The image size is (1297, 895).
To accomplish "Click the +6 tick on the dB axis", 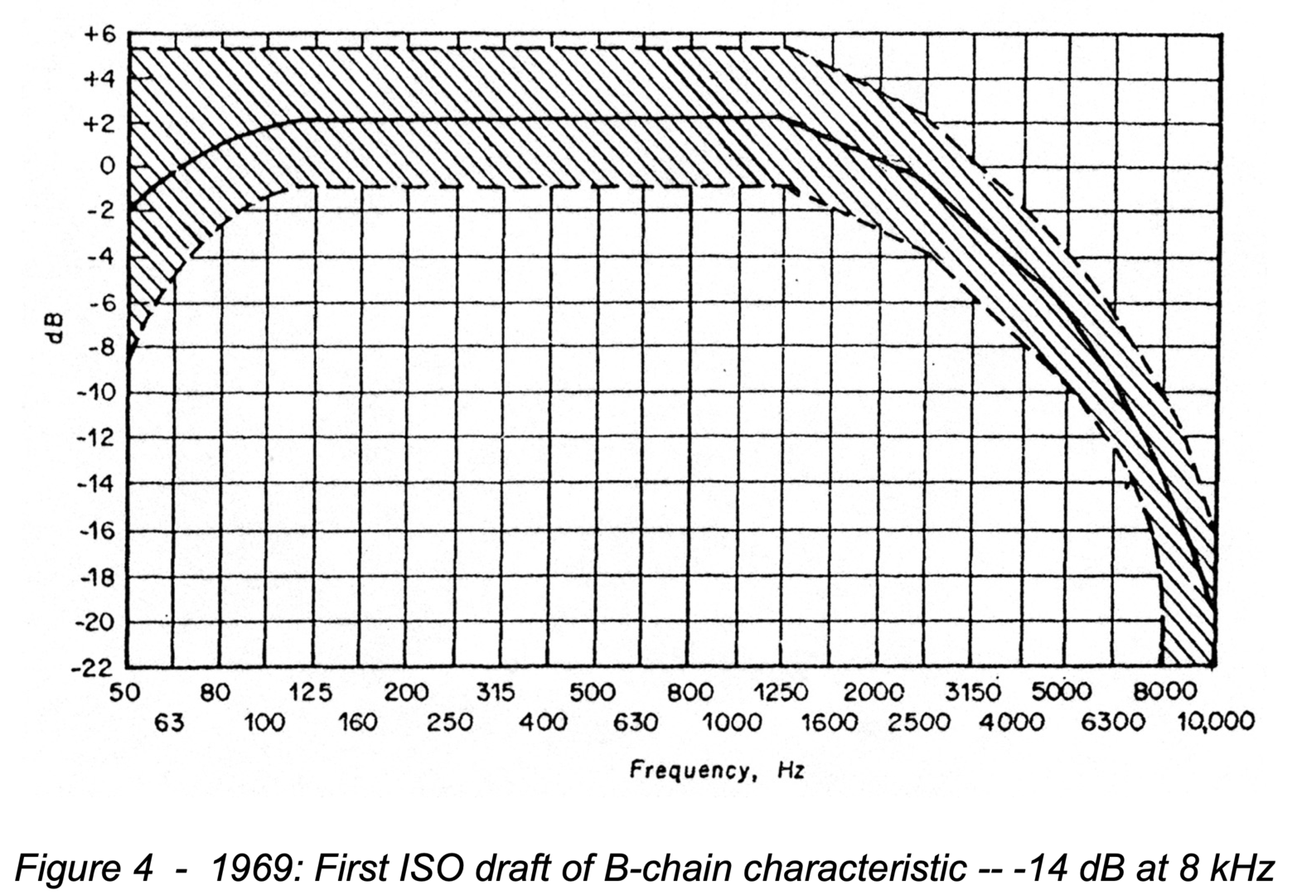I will pos(101,36).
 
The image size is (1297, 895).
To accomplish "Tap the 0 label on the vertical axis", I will pos(107,167).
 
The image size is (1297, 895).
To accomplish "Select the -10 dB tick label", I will pos(96,392).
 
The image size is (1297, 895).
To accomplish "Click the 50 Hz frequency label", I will pos(124,693).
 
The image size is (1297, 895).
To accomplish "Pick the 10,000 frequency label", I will pos(1216,723).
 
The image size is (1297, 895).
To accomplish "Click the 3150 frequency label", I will pos(974,693).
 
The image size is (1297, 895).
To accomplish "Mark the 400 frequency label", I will pos(543,723).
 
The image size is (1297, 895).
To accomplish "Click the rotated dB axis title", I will pos(56,328).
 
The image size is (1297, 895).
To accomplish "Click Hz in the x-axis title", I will pos(791,772).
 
